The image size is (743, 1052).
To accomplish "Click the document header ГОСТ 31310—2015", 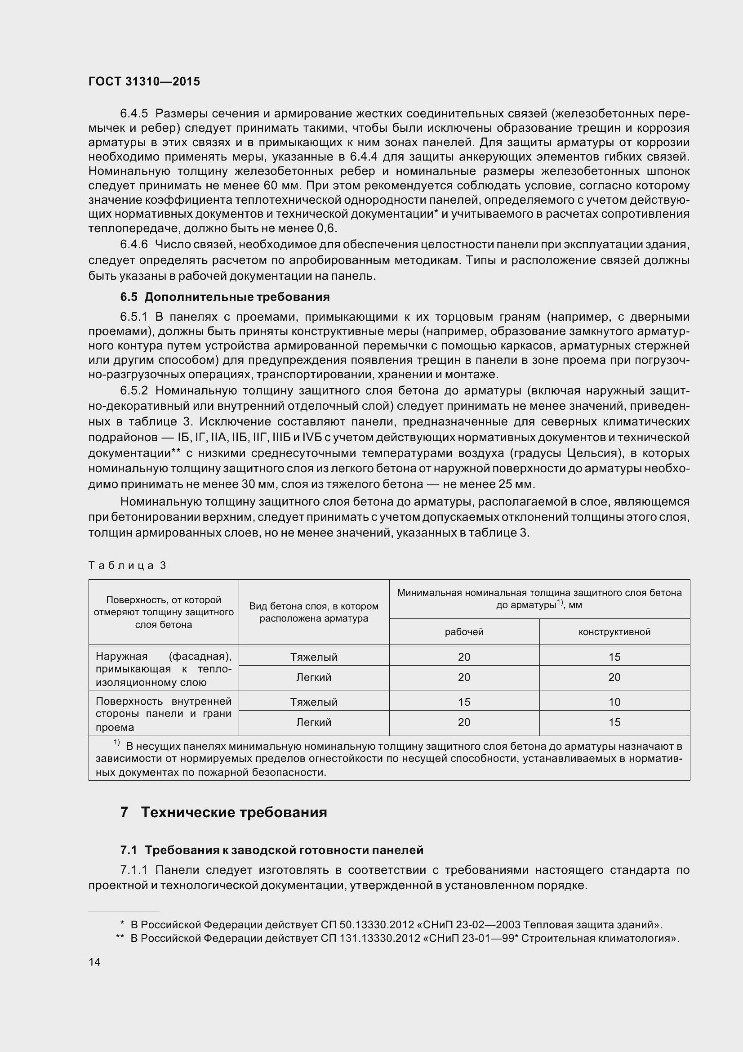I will (x=144, y=81).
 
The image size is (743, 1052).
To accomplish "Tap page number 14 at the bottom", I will (x=94, y=962).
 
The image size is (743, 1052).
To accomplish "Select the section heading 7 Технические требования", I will (x=224, y=812).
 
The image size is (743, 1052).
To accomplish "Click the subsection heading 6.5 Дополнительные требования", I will (x=225, y=297).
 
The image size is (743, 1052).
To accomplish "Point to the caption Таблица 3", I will (x=127, y=565).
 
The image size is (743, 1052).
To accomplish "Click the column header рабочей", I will (x=464, y=632).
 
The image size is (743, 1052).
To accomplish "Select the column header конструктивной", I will (x=614, y=632).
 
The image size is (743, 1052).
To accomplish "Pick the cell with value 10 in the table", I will (x=614, y=702).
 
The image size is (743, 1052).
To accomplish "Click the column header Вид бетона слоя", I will (x=314, y=612).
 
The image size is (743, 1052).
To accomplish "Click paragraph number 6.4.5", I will (x=133, y=113).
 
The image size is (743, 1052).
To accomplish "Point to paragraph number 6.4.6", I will (x=133, y=245).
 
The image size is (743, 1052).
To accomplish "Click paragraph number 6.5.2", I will (x=133, y=390).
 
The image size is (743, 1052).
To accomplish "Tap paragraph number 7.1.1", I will (x=133, y=870).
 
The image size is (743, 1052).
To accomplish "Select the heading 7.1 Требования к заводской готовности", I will (x=271, y=850).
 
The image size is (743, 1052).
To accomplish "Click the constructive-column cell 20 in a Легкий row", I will (x=614, y=677).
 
